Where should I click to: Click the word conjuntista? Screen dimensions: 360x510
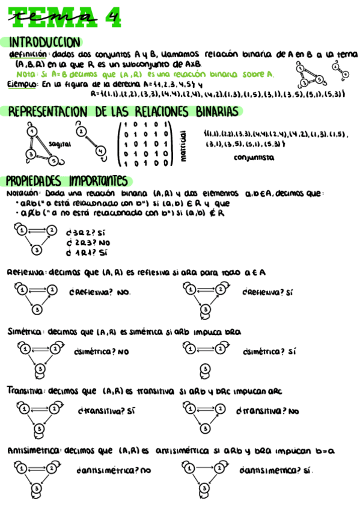(254, 158)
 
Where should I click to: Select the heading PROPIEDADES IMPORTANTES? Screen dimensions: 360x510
(67, 181)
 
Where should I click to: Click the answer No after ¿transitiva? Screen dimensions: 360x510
(293, 412)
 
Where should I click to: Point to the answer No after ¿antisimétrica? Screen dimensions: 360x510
(145, 471)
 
